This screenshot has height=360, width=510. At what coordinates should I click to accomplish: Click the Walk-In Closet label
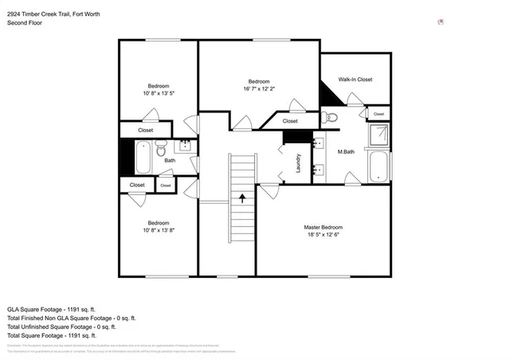tap(355, 80)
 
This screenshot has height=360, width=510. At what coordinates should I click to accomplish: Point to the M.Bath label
tap(346, 152)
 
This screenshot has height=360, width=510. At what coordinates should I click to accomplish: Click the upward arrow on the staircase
tap(241, 197)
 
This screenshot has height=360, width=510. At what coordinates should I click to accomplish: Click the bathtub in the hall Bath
tap(144, 157)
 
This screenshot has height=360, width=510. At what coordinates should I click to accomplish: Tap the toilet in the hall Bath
tap(161, 148)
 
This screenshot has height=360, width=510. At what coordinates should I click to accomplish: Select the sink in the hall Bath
tap(185, 146)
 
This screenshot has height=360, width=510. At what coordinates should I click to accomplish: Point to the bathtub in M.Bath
tap(379, 168)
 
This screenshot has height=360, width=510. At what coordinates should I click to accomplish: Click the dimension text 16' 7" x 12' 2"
tap(259, 90)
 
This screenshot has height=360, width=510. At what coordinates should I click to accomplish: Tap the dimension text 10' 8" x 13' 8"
tap(158, 231)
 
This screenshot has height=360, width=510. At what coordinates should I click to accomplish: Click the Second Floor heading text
tap(25, 23)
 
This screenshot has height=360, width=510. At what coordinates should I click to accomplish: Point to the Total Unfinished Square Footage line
tap(61, 327)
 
